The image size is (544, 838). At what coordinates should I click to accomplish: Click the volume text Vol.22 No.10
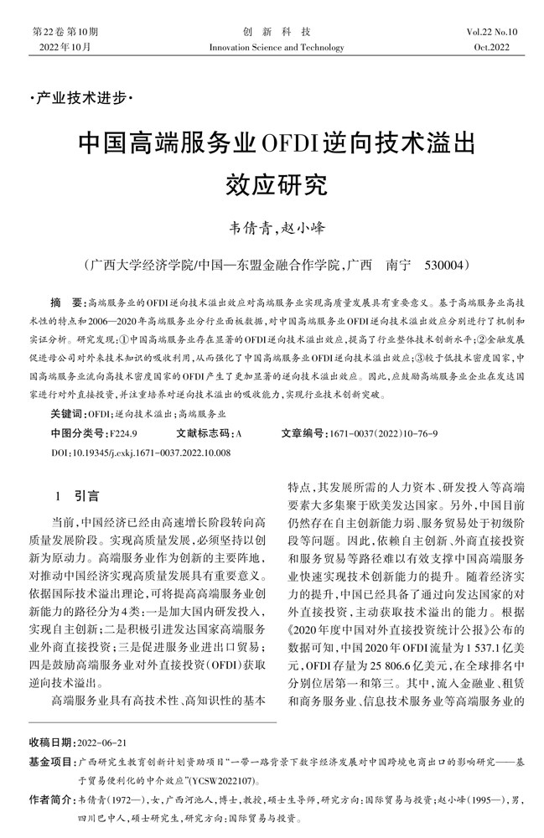pos(493,32)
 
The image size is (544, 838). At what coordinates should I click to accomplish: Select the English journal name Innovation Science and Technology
pos(272,48)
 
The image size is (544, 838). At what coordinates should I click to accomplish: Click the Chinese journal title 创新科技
pos(272,32)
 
